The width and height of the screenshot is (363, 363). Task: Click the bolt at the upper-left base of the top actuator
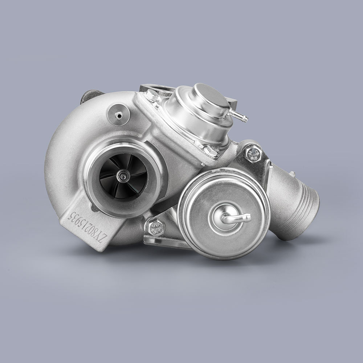coord(151,95)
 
